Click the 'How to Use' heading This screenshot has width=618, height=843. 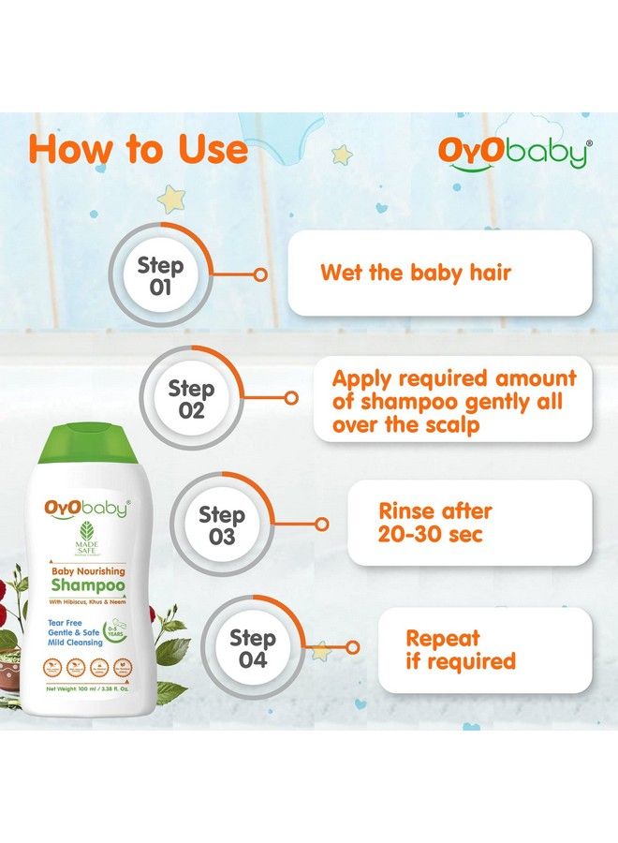coord(138,150)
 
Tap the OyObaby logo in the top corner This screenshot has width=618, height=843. coord(514,153)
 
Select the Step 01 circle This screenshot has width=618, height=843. coord(160,274)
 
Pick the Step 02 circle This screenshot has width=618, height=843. coord(191,399)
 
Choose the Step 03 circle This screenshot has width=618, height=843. coord(222,525)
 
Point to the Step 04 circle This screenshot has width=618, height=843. coord(252,649)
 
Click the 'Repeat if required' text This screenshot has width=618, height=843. coord(460,649)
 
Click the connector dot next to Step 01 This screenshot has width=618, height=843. coord(260,275)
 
